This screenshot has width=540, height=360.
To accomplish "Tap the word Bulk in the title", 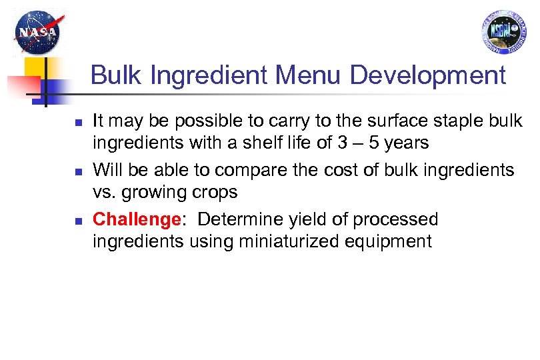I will click(x=117, y=75).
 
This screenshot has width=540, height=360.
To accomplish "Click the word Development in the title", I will click(x=427, y=75).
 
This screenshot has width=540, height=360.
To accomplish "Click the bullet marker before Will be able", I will click(x=77, y=172).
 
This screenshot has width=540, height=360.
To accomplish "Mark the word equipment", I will click(x=390, y=241).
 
